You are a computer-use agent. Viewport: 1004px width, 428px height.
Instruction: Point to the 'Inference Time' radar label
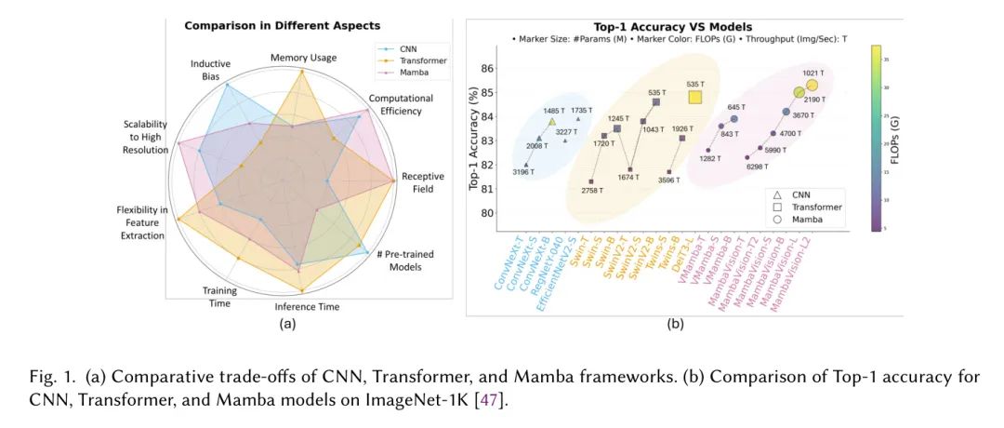307,306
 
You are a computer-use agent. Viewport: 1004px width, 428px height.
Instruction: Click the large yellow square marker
694,96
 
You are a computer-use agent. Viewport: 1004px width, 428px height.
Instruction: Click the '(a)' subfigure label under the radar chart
287,323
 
